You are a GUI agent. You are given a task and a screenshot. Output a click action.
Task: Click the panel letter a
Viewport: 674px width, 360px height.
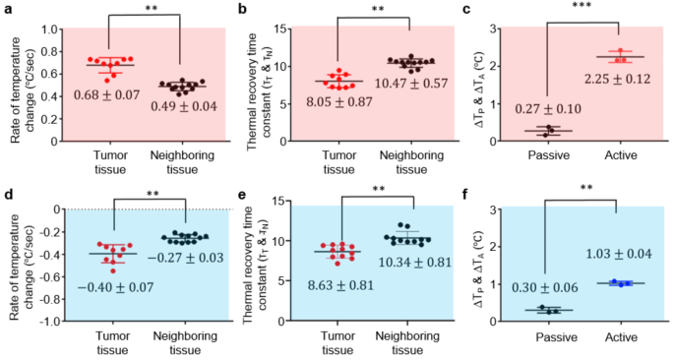[7, 10]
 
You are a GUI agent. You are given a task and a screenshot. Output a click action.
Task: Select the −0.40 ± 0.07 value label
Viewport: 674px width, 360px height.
[103, 286]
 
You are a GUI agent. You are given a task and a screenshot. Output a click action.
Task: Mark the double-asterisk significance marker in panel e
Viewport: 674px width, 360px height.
[378, 189]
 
